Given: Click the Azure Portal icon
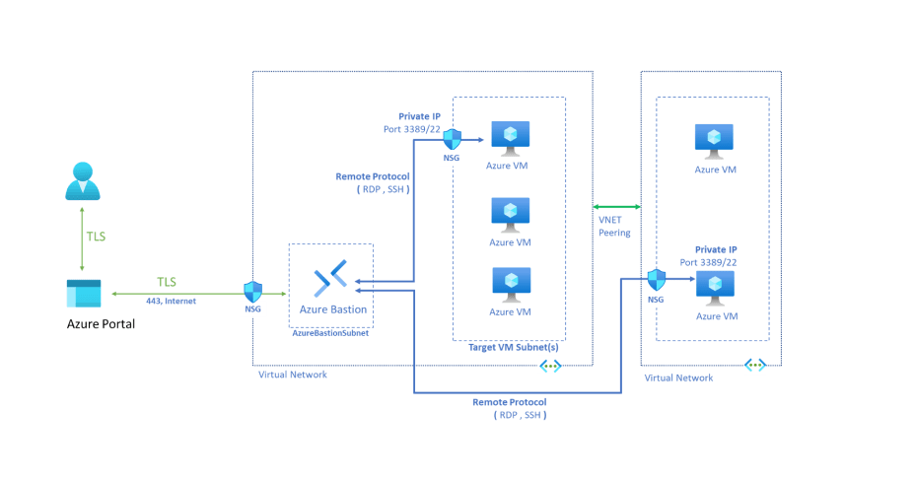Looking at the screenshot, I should click(x=83, y=294).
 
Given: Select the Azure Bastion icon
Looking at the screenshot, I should click(x=329, y=283).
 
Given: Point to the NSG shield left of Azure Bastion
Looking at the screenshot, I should click(x=253, y=292).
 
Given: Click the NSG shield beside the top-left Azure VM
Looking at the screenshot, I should click(x=453, y=138).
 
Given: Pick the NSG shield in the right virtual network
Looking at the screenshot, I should click(x=656, y=280).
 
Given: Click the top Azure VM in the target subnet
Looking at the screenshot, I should click(x=510, y=137).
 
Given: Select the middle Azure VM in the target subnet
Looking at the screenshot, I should click(x=510, y=214).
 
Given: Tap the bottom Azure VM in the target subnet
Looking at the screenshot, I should click(x=510, y=285).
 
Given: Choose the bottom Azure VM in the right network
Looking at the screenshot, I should click(x=715, y=287).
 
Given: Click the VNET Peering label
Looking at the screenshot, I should click(x=616, y=226).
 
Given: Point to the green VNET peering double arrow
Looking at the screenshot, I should click(x=616, y=206).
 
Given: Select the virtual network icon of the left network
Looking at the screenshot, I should click(x=549, y=366).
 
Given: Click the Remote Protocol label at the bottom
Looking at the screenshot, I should click(x=509, y=402).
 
